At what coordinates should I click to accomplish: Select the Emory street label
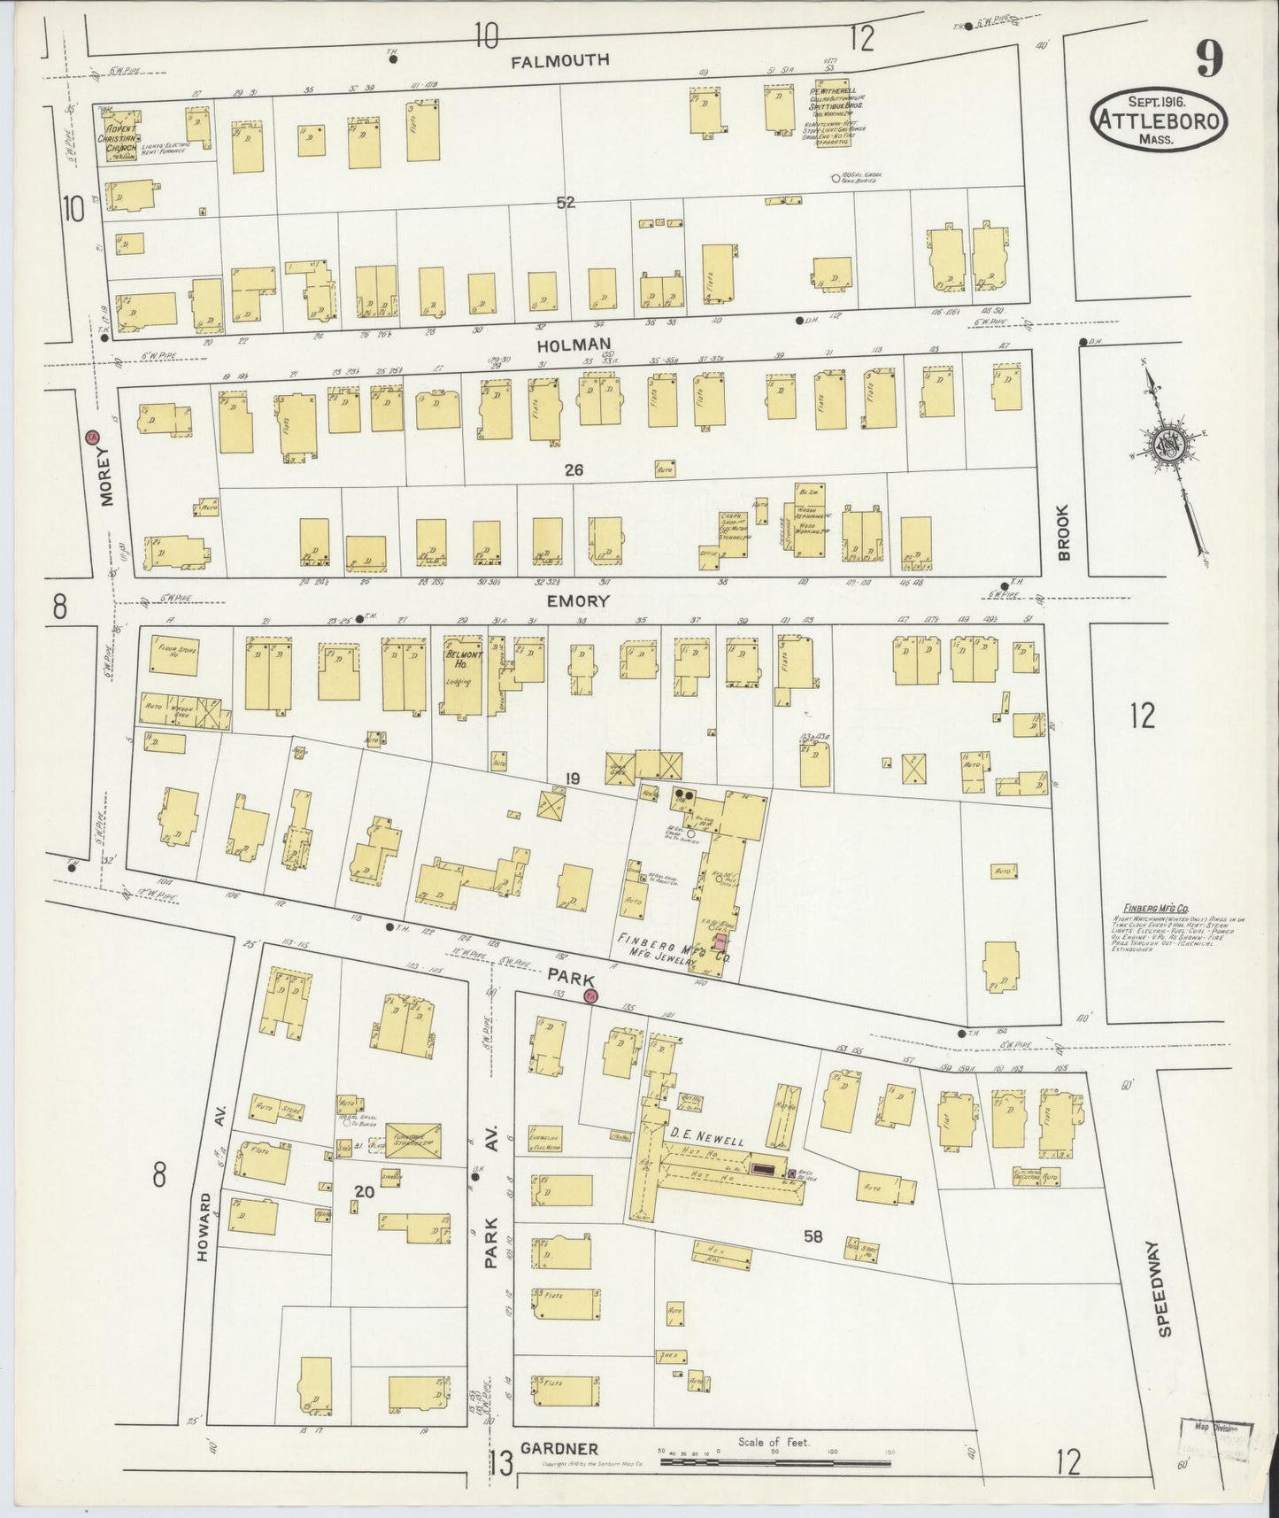tap(578, 600)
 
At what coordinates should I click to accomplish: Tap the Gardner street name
tap(559, 1449)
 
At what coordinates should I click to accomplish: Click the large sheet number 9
tap(1209, 59)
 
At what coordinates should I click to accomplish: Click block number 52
tap(566, 203)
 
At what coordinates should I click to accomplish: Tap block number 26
tap(574, 471)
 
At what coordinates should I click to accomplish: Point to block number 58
tap(813, 1236)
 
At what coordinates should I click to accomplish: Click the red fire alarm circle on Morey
tap(90, 438)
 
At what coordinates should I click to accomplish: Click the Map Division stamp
tap(1215, 1430)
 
